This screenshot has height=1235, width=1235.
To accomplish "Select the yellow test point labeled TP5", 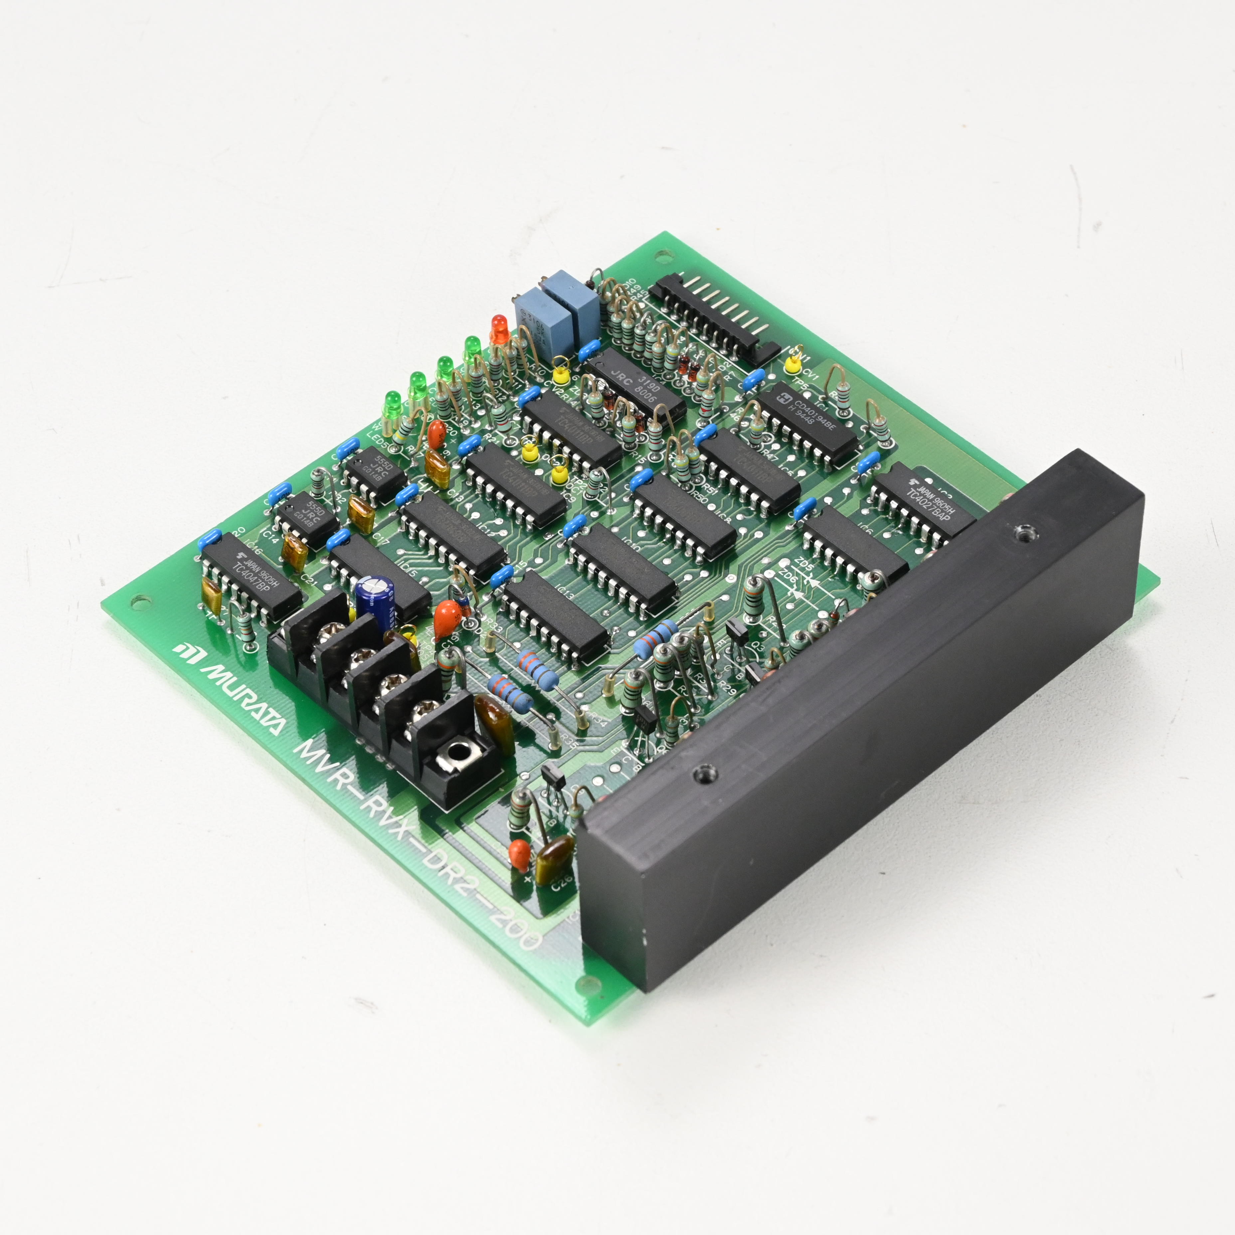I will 793,364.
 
